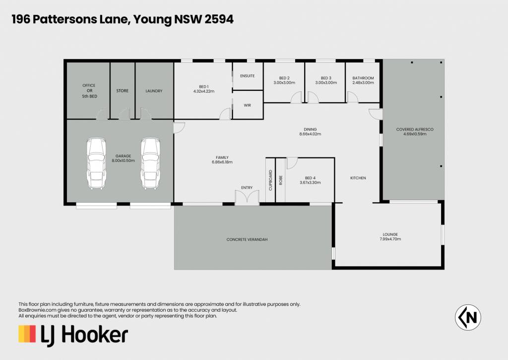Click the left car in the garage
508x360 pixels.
tap(97, 163)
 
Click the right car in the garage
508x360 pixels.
tap(150, 163)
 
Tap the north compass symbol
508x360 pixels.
tap(468, 317)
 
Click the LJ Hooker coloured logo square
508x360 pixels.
tap(27, 334)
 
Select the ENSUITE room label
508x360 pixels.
tap(247, 76)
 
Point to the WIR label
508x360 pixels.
tap(247, 105)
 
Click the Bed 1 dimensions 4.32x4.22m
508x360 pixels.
tap(204, 91)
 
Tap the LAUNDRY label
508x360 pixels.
tap(154, 91)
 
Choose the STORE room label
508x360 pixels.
tap(122, 91)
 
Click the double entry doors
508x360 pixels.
tap(247, 197)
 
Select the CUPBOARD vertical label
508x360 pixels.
tap(270, 180)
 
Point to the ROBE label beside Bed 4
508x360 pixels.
tap(281, 180)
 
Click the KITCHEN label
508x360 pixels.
tap(358, 178)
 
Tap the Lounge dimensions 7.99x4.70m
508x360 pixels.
tap(390, 239)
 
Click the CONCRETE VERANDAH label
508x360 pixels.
tap(247, 240)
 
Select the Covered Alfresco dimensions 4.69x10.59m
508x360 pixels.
tap(415, 134)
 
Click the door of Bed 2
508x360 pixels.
tap(297, 98)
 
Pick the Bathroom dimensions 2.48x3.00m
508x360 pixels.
tap(363, 83)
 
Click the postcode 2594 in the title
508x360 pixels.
tap(219, 19)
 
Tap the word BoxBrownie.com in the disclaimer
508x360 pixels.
tap(38, 310)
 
